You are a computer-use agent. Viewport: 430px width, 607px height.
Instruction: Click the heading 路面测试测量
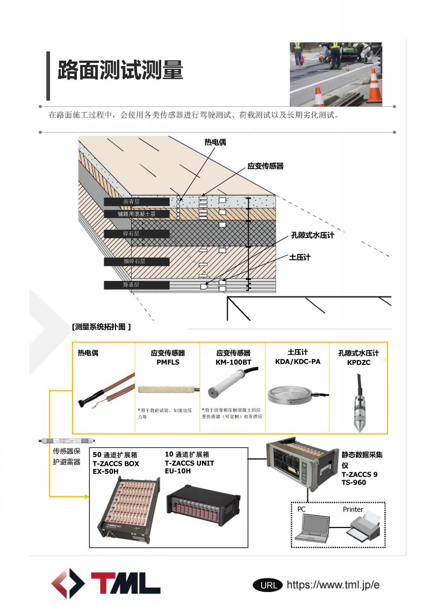tap(120, 70)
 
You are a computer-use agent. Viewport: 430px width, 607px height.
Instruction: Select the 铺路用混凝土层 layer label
tap(137, 214)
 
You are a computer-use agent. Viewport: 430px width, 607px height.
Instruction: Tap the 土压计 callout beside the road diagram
tap(299, 257)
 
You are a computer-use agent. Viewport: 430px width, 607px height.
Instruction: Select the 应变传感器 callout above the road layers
tap(265, 167)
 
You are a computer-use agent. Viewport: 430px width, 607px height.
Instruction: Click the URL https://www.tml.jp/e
tap(333, 585)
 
